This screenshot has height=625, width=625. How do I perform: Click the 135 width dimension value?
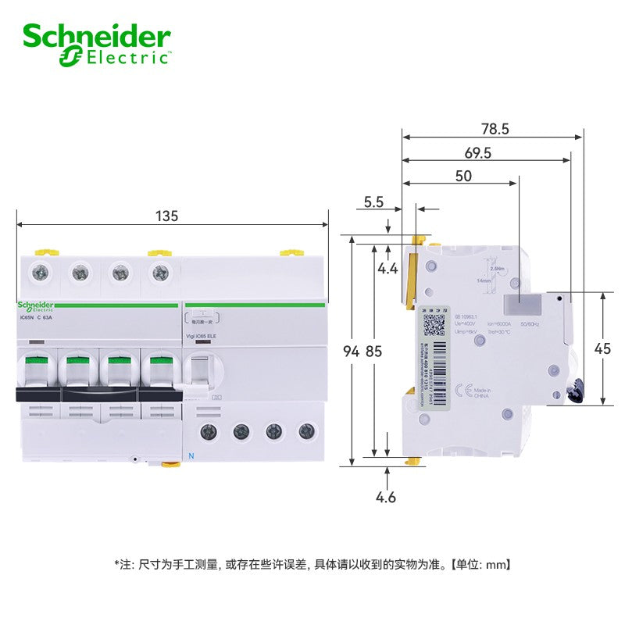[x=166, y=216]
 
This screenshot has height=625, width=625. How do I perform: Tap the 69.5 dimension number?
[x=477, y=153]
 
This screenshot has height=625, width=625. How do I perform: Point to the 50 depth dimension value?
[x=463, y=177]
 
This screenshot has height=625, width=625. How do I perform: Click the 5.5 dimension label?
[x=373, y=202]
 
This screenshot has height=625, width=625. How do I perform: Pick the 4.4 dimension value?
[x=387, y=269]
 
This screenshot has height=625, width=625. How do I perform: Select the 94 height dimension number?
[x=352, y=352]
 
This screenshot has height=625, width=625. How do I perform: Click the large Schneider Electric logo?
[x=97, y=43]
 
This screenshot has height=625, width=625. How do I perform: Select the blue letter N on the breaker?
[x=190, y=455]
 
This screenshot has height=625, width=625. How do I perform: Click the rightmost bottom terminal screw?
[x=309, y=430]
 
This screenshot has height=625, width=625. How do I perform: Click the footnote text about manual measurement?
[x=312, y=563]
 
